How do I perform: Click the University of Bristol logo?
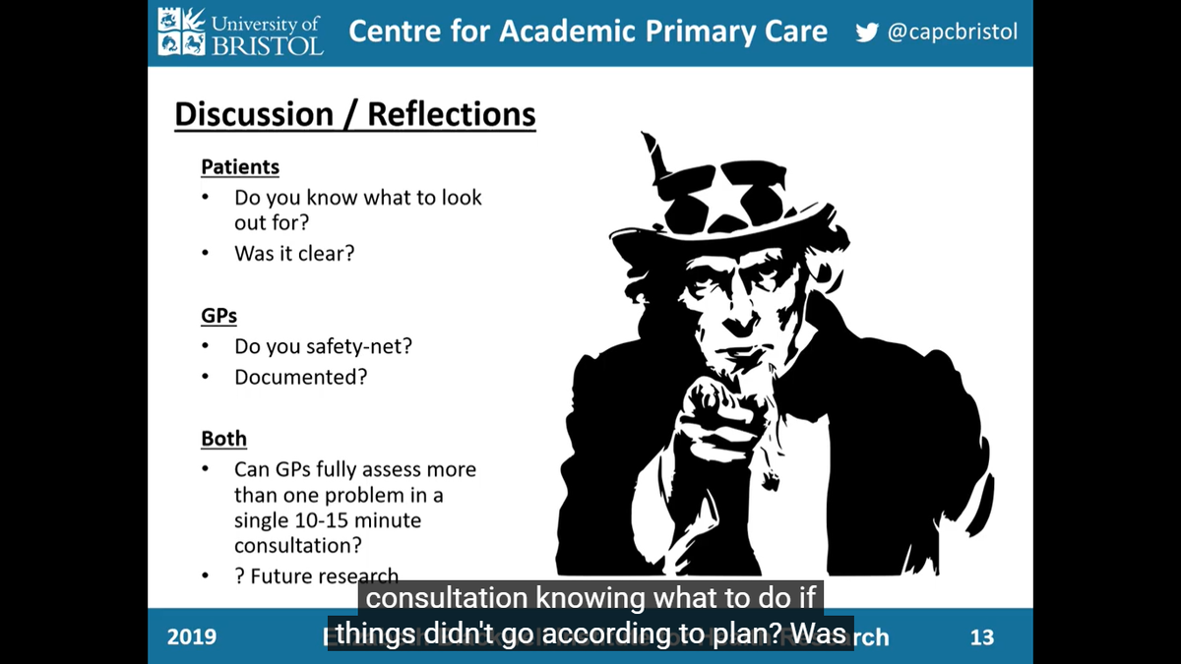tap(239, 31)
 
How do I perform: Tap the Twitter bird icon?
tap(867, 32)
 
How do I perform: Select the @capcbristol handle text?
tap(952, 32)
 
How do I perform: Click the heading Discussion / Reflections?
tap(354, 114)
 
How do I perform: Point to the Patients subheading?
tap(240, 167)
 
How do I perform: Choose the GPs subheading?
tap(218, 317)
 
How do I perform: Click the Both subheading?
tap(223, 439)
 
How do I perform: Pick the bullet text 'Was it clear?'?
tap(294, 253)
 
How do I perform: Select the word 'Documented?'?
tap(300, 377)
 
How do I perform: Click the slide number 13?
tap(982, 636)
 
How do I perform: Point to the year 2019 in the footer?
tap(192, 636)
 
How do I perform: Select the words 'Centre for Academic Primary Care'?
tap(588, 31)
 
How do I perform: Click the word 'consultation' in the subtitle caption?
tap(434, 598)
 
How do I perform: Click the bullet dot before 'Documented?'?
tap(206, 377)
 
